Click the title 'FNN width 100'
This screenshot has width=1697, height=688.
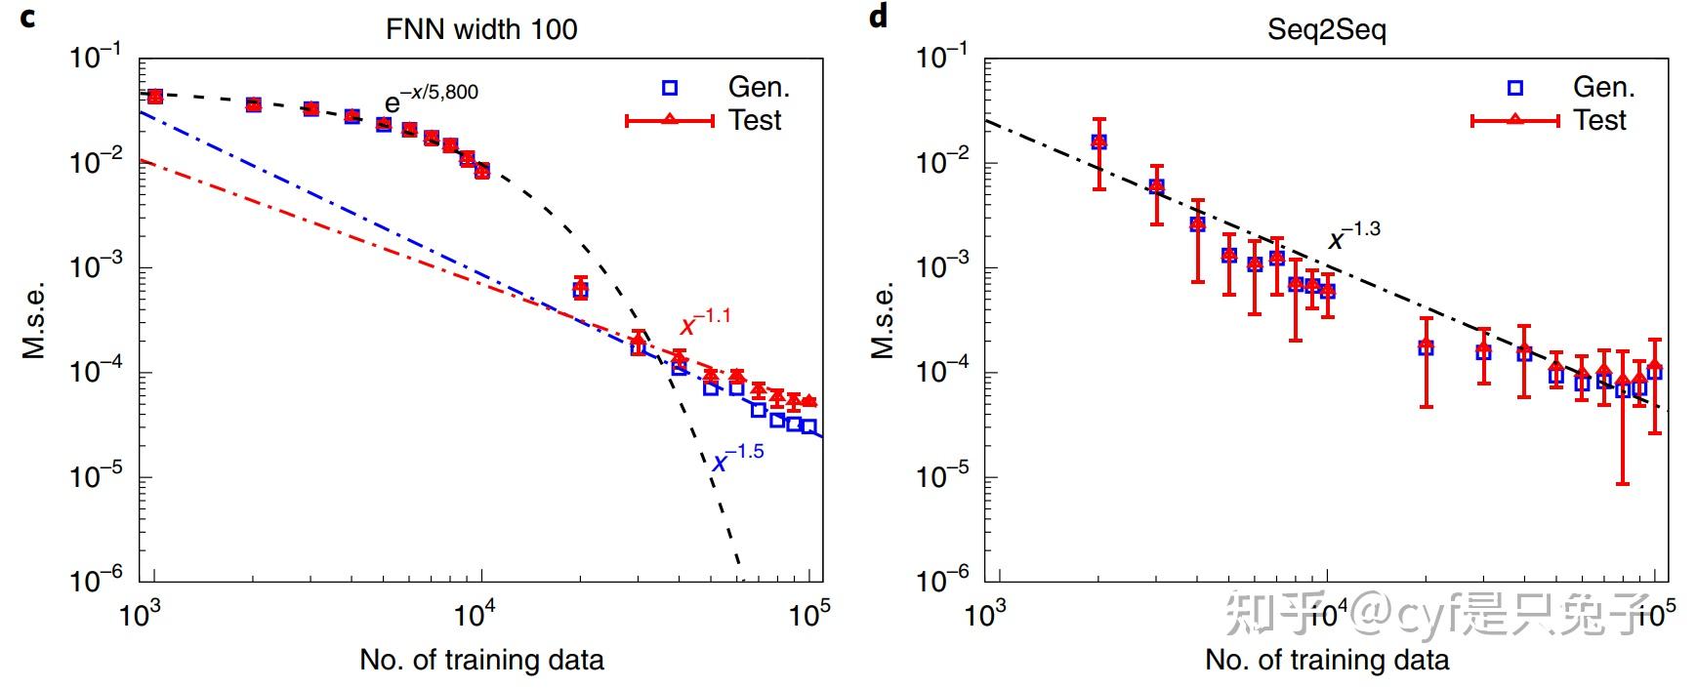click(x=481, y=29)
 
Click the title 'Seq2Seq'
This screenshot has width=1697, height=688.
click(x=1326, y=29)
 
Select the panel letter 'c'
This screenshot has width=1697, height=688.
click(x=28, y=17)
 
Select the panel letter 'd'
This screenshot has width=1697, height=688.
click(x=879, y=17)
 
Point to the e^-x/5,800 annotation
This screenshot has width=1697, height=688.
click(x=431, y=98)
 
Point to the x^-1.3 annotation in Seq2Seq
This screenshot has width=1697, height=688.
click(x=1354, y=235)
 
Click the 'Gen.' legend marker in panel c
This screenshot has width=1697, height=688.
click(x=670, y=88)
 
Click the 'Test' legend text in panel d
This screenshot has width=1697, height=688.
click(x=1599, y=121)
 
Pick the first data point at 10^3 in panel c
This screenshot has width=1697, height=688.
click(x=154, y=96)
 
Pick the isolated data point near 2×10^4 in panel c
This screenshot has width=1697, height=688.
click(x=580, y=290)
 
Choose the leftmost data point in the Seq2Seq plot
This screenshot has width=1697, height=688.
click(x=1099, y=142)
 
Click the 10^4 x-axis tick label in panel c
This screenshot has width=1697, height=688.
click(x=476, y=615)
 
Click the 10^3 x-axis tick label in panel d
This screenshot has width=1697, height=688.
click(x=986, y=615)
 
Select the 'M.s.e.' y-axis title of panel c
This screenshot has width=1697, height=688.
click(x=34, y=321)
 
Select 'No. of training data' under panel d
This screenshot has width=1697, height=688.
click(x=1327, y=661)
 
